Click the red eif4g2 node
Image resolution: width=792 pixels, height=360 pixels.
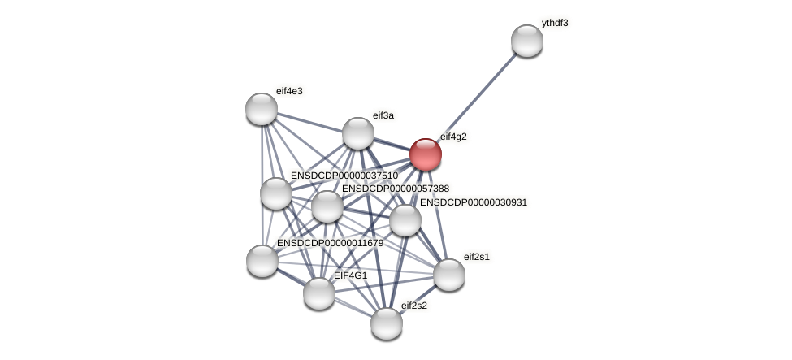point(425,154)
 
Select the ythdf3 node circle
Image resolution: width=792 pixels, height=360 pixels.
point(526,41)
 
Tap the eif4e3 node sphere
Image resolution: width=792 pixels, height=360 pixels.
point(262,109)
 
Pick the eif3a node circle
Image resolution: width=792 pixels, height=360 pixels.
point(357,133)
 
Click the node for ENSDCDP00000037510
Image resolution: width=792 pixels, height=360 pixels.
point(276,193)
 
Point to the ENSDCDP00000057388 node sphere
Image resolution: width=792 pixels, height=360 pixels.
point(327,206)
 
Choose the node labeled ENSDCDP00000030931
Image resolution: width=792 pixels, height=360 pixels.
point(405,220)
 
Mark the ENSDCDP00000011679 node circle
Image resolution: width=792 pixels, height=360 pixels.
point(262,261)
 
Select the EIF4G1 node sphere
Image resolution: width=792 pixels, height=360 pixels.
point(318,293)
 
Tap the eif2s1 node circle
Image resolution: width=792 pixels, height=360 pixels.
point(448,275)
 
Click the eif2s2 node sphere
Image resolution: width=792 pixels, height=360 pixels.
point(387,323)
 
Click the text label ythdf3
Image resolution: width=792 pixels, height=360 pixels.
point(555,23)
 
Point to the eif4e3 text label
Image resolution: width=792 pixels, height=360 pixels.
point(289,91)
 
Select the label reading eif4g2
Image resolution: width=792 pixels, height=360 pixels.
point(453,137)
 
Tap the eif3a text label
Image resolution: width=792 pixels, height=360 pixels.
point(383,115)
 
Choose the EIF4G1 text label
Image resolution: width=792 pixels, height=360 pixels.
point(350,275)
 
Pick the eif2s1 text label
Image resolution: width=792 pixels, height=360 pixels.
point(477,257)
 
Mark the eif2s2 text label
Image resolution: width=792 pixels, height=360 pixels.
point(413,306)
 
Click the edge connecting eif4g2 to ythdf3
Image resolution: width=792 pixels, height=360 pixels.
point(476,98)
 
